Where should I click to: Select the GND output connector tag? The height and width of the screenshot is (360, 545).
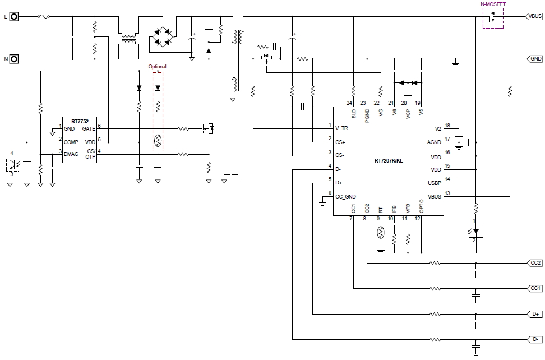click(x=534, y=59)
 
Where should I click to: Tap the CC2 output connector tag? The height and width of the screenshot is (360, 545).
click(x=534, y=263)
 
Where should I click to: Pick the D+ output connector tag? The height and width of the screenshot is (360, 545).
click(x=534, y=314)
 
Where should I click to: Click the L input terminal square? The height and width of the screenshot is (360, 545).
click(x=14, y=16)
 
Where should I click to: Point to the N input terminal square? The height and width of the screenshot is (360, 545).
click(x=14, y=59)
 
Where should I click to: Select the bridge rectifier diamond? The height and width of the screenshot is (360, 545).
click(x=163, y=36)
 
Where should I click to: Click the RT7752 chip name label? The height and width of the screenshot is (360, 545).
click(x=80, y=121)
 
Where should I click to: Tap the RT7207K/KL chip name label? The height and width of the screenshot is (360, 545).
click(x=389, y=161)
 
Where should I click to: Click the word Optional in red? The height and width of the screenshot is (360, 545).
click(x=157, y=66)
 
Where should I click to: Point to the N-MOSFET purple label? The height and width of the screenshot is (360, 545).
click(x=493, y=4)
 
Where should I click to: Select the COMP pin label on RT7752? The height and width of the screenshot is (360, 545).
click(x=71, y=142)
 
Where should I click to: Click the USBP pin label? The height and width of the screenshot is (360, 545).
click(x=435, y=183)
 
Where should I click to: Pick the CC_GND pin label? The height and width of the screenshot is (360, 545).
click(x=345, y=197)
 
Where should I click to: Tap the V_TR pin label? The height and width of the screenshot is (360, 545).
click(x=341, y=128)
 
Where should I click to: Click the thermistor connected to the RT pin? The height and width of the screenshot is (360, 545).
click(x=381, y=233)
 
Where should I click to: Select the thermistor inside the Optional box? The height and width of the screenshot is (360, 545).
click(x=158, y=141)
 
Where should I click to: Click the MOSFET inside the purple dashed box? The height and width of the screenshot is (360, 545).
click(x=492, y=18)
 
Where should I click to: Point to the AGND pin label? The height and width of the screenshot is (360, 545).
click(x=434, y=142)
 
